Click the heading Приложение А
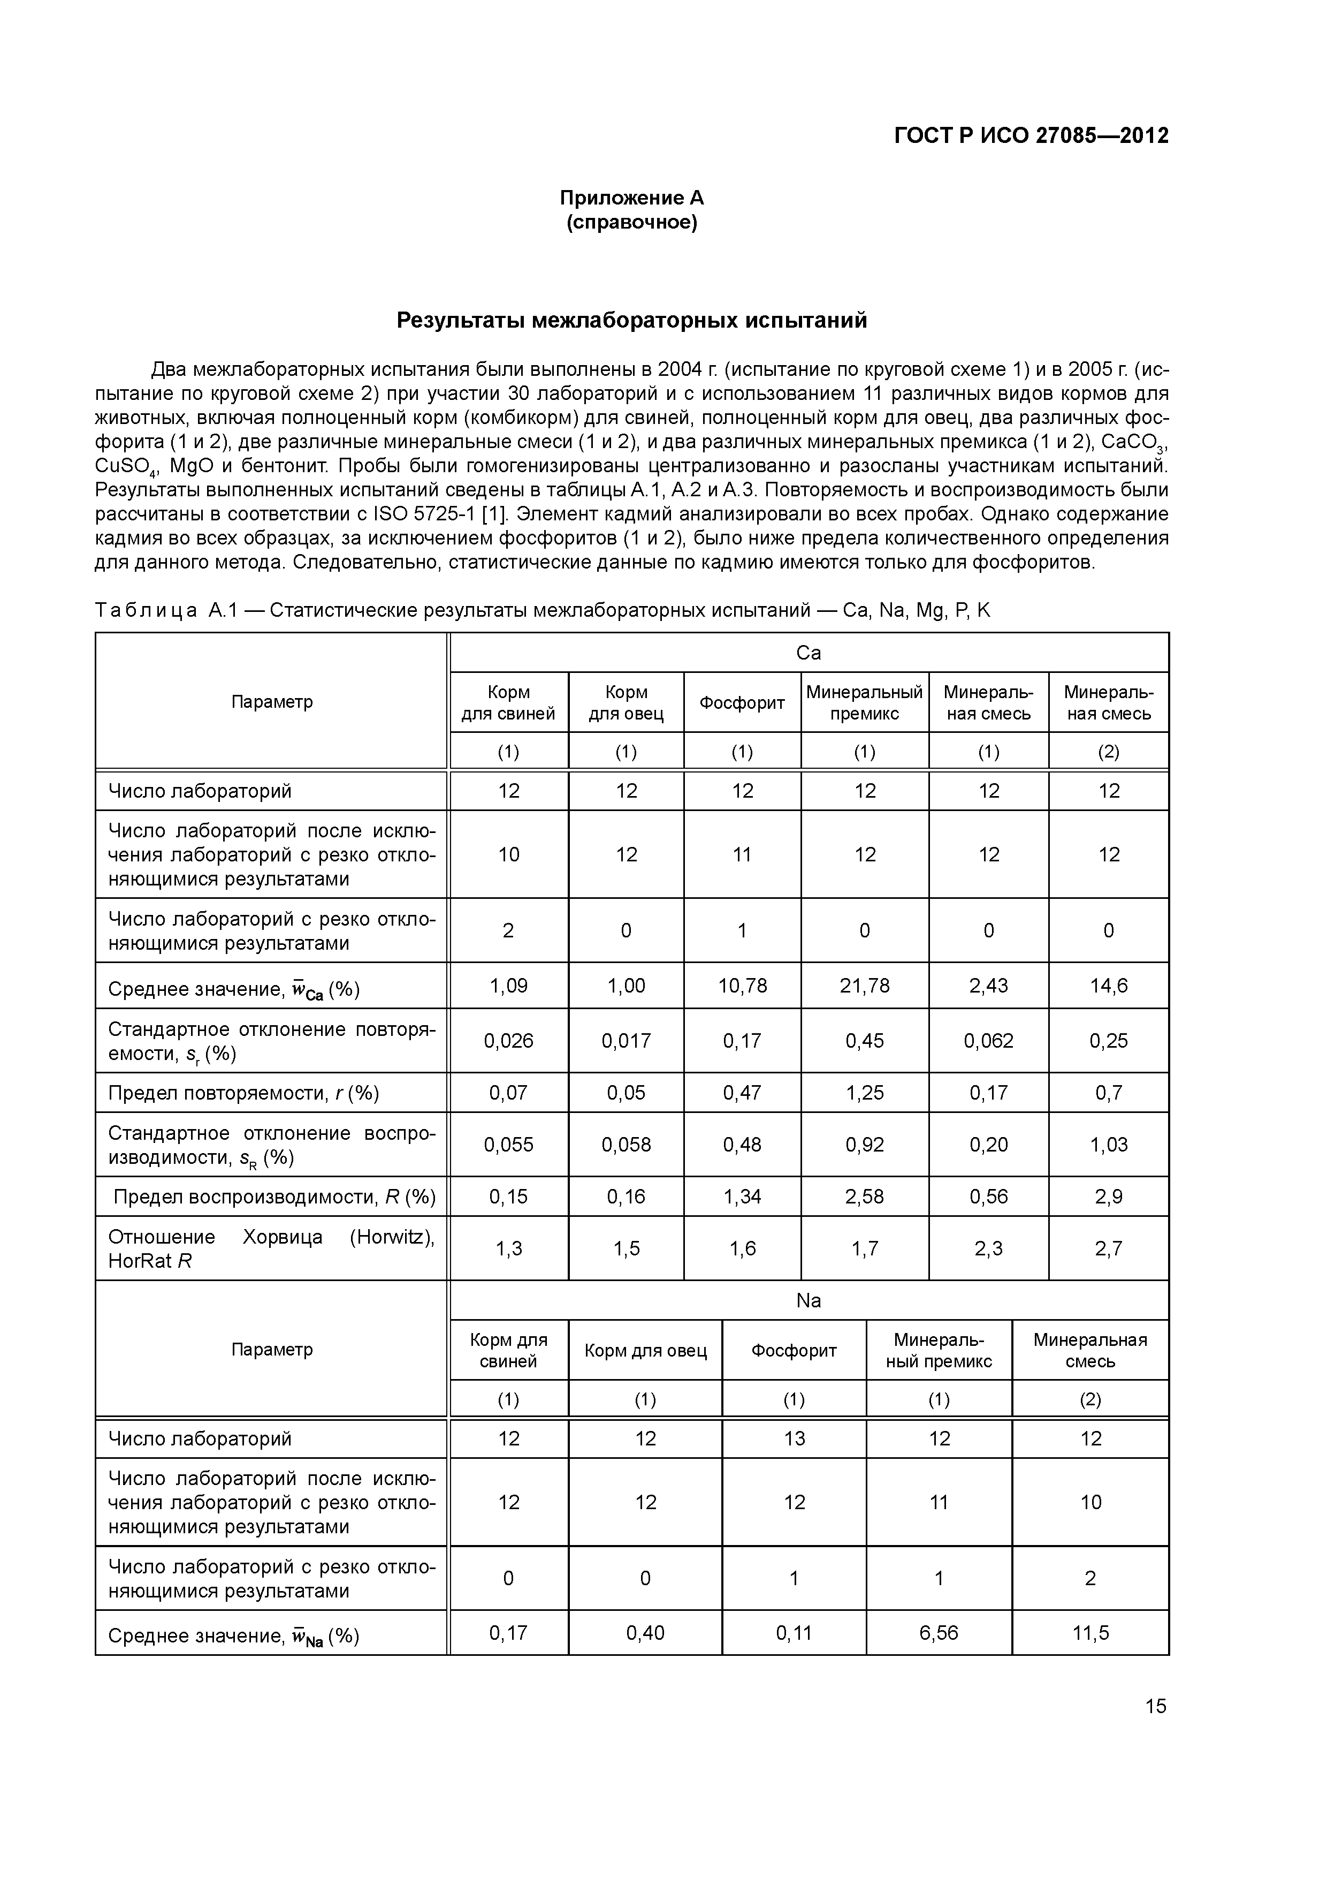tap(631, 198)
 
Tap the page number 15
tap(1155, 1706)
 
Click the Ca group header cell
tap(808, 653)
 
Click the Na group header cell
tap(808, 1300)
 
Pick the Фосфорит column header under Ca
tap(742, 702)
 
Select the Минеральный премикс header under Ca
tap(864, 702)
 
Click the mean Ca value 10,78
tap(742, 986)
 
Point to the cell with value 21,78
tap(864, 986)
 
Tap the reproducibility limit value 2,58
tap(864, 1197)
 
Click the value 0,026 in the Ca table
tap(508, 1040)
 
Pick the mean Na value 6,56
tap(938, 1633)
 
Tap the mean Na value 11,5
tap(1090, 1633)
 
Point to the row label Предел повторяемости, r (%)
tap(243, 1093)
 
